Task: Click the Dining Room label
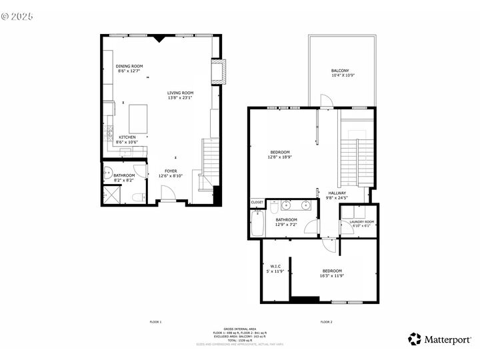coord(129,66)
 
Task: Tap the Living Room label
coord(180,93)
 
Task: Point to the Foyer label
coord(171,171)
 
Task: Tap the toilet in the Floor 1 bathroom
coord(137,197)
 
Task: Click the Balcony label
coord(340,71)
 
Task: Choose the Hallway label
coord(337,193)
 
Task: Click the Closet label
coord(257,202)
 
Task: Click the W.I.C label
coord(275,267)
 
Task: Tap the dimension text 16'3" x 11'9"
coord(332,275)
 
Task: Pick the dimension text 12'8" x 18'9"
coord(281,157)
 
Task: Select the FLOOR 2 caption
coord(326,322)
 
